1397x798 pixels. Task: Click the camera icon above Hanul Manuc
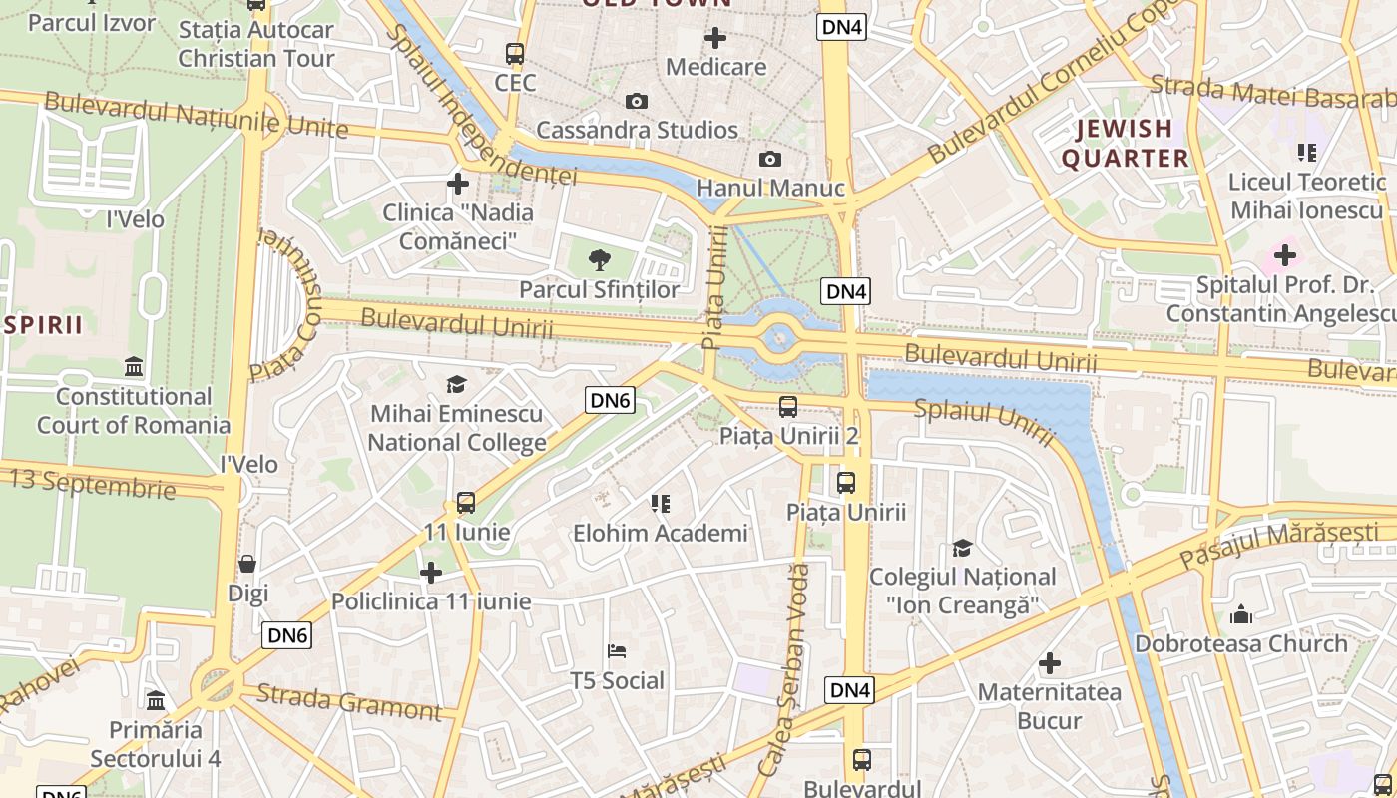pyautogui.click(x=769, y=160)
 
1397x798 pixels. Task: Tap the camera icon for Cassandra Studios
pyautogui.click(x=636, y=102)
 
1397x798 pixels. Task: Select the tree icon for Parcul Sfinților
pyautogui.click(x=600, y=261)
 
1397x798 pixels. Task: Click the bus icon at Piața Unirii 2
pyautogui.click(x=787, y=407)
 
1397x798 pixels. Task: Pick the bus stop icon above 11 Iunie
pyautogui.click(x=466, y=503)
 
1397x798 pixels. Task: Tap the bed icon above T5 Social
pyautogui.click(x=617, y=652)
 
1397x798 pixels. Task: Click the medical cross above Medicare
pyautogui.click(x=715, y=39)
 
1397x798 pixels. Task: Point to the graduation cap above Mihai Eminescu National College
pyautogui.click(x=457, y=385)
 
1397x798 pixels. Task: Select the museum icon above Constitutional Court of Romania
pyautogui.click(x=134, y=367)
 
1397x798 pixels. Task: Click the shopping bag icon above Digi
pyautogui.click(x=247, y=565)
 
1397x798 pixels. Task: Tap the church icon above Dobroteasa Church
pyautogui.click(x=1241, y=614)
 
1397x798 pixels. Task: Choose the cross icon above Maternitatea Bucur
pyautogui.click(x=1049, y=663)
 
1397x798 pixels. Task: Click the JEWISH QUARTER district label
pyautogui.click(x=1125, y=143)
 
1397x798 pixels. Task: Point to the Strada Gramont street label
pyautogui.click(x=348, y=702)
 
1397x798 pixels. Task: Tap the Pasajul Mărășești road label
pyautogui.click(x=1278, y=545)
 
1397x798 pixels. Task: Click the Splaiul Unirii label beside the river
pyautogui.click(x=984, y=421)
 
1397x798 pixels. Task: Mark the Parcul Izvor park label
pyautogui.click(x=92, y=22)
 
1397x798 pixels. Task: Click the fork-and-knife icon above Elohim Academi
pyautogui.click(x=660, y=504)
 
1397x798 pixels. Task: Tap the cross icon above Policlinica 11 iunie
pyautogui.click(x=431, y=573)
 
